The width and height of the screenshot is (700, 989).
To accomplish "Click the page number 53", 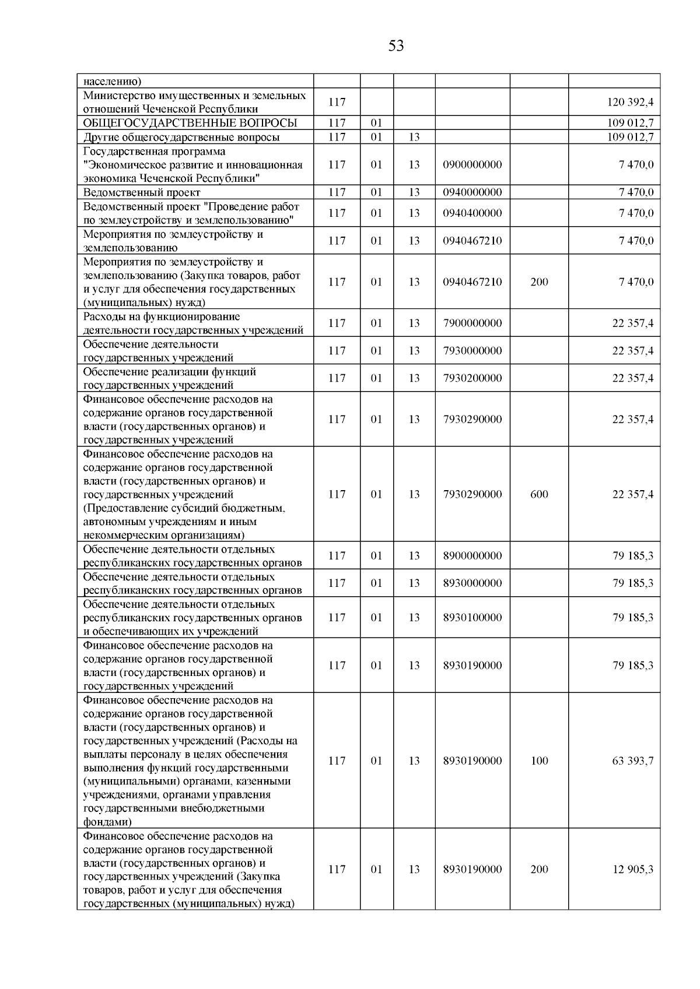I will [395, 46].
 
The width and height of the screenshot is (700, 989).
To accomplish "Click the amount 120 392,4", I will [630, 103].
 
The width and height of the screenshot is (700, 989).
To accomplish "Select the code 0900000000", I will [472, 165].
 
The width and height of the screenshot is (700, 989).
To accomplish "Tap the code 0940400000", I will [472, 213].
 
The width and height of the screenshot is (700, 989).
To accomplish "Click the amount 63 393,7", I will [632, 761].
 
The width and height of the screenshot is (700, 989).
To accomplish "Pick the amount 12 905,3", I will [632, 870].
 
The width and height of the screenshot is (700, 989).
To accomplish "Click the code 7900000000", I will [472, 323].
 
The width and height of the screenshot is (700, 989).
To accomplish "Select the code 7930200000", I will [472, 378].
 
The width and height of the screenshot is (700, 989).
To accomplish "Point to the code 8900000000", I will [472, 556].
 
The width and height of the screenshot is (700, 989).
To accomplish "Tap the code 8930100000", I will [472, 618].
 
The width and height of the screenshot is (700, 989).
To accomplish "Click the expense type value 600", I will [539, 495].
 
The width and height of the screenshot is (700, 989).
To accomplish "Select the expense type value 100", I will [539, 761].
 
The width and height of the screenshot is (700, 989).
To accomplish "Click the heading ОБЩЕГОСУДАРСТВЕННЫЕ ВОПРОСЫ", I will [190, 123].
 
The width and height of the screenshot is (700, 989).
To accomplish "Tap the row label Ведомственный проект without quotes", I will [142, 192].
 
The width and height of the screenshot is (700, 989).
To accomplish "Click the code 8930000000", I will [472, 583].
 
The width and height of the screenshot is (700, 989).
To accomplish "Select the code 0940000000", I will [472, 192].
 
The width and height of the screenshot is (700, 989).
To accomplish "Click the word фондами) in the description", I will [107, 822].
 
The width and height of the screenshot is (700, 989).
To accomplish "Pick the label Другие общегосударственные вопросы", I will [181, 138].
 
